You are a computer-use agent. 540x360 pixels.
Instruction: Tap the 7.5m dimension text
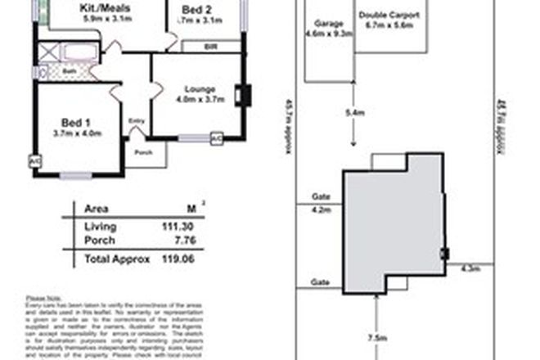tap(376, 337)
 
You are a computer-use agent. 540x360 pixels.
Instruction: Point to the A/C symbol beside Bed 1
tap(35, 161)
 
